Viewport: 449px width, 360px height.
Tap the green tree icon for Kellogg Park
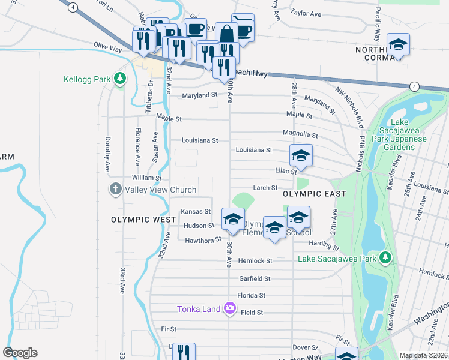[x=120, y=79]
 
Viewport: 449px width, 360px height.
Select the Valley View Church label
[x=160, y=190]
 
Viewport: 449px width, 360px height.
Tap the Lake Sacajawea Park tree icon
[x=385, y=259]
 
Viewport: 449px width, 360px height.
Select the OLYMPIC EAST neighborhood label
[x=315, y=194]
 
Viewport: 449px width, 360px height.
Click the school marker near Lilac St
[x=301, y=156]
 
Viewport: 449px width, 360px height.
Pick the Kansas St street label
[x=196, y=211]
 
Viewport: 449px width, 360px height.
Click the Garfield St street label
[x=255, y=278]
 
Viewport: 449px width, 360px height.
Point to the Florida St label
[x=251, y=295]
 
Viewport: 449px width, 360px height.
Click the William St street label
[x=147, y=178]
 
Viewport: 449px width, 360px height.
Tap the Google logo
[x=20, y=353]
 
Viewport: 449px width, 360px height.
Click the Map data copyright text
[x=423, y=355]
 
